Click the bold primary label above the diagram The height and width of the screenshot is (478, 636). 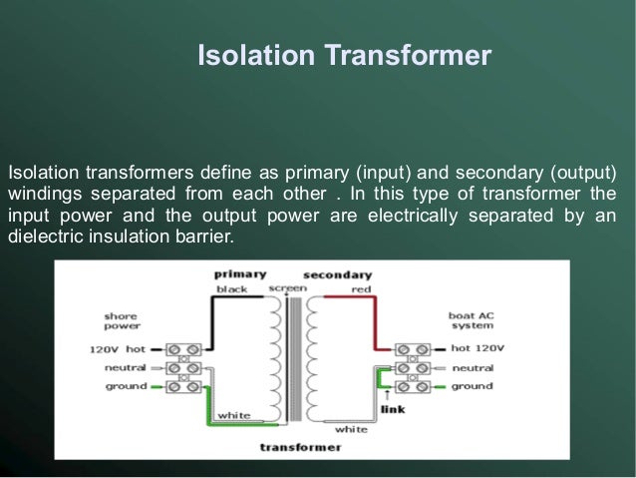coord(239,273)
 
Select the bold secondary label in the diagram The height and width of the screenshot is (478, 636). coord(337,273)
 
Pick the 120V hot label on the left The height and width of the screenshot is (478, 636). coord(118,349)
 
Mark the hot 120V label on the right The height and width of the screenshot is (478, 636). coord(477,349)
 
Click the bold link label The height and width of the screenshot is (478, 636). coord(394,408)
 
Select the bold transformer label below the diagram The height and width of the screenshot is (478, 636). coord(300,447)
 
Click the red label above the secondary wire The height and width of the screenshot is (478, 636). coord(360,288)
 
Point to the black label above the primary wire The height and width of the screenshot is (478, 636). coord(231,288)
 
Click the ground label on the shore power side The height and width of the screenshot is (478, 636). coord(126,386)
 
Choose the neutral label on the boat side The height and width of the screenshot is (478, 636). coord(472,367)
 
